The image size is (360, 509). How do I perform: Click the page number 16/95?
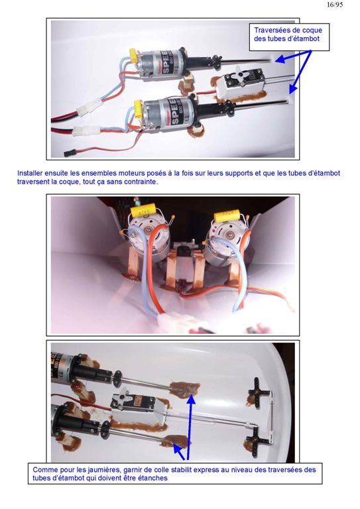click(335, 5)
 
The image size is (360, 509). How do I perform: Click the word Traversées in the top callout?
click(271, 30)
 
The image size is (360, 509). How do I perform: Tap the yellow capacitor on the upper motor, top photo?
click(133, 55)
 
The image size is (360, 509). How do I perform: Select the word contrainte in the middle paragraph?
click(141, 182)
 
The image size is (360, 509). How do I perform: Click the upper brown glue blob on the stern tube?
click(184, 388)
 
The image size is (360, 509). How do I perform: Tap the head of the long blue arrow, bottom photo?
click(191, 398)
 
